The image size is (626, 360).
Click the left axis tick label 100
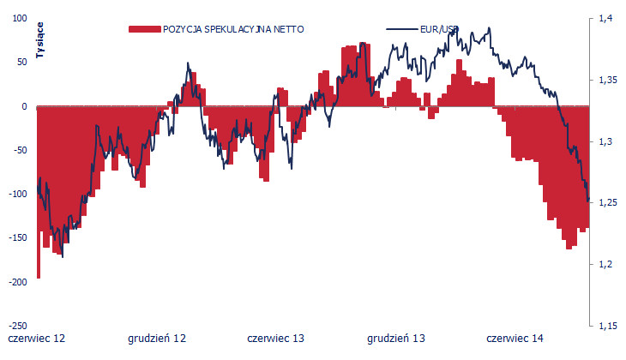click(x=19, y=19)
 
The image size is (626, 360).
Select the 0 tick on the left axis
click(x=24, y=106)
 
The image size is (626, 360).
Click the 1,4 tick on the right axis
click(x=605, y=18)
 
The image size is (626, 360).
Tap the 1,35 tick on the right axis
click(x=608, y=80)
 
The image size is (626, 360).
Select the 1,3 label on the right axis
click(x=605, y=141)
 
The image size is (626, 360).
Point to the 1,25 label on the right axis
click(x=608, y=203)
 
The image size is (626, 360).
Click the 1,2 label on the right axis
click(x=605, y=264)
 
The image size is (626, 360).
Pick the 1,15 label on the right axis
click(x=608, y=326)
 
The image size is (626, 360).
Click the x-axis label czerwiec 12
click(x=36, y=339)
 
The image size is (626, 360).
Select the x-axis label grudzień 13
click(x=396, y=339)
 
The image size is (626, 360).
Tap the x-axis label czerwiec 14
click(x=515, y=339)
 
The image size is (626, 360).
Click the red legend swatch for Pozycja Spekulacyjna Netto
click(x=143, y=29)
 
